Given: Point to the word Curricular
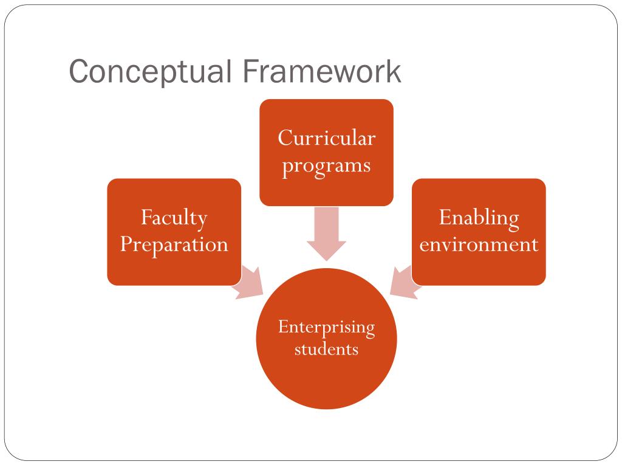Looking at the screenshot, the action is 326,138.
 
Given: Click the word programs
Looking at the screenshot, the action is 326,165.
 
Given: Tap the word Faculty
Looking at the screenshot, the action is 174,218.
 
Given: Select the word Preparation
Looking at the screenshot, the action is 174,244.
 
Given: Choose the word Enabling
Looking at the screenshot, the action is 479,218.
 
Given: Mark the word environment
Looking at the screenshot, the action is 479,244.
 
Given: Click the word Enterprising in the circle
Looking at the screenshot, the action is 326,327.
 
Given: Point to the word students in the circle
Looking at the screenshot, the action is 326,350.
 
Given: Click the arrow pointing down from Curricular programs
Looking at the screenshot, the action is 326,234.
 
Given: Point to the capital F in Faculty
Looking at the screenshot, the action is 145,217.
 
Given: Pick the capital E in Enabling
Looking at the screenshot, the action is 444,217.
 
